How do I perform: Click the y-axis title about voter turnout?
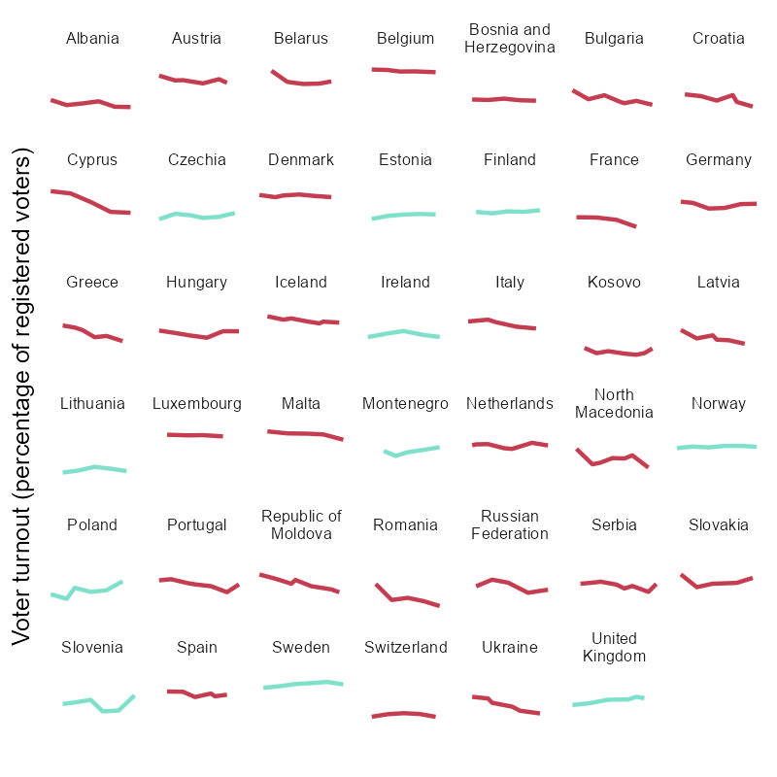click(x=22, y=396)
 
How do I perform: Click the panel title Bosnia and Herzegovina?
click(x=509, y=39)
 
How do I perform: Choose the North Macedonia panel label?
click(x=614, y=403)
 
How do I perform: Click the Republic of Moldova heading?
click(x=301, y=524)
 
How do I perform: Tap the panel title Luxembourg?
click(x=196, y=403)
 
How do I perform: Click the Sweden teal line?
click(x=301, y=684)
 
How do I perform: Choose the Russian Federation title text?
click(x=509, y=524)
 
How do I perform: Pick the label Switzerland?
click(x=405, y=647)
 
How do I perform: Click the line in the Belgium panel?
click(x=403, y=71)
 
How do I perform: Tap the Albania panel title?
click(x=92, y=39)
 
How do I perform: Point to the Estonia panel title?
click(x=405, y=159)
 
